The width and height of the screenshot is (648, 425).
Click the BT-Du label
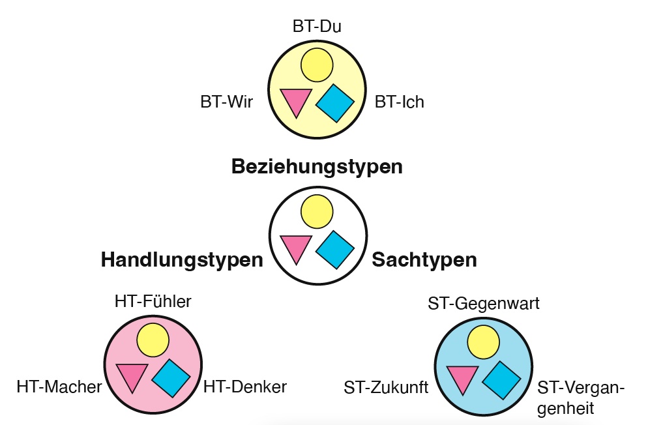coord(317,27)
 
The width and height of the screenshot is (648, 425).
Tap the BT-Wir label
coord(226,102)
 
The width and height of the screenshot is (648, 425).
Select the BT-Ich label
coord(399,102)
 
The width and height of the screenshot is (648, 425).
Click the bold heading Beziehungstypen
coord(317,167)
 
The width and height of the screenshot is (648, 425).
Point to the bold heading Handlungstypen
coord(181,260)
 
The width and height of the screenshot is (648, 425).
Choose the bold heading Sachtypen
coord(424,260)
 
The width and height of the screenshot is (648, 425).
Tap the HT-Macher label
coord(59,387)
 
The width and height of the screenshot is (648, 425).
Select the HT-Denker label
coord(245,387)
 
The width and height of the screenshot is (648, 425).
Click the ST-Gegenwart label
coord(484,304)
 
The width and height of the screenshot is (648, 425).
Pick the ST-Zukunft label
coord(386,388)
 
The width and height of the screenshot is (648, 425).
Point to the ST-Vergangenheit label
coord(581,398)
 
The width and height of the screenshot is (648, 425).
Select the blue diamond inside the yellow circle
coord(335,103)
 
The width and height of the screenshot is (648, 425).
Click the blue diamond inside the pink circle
coord(171,378)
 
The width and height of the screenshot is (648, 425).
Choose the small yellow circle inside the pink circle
coord(153,340)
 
